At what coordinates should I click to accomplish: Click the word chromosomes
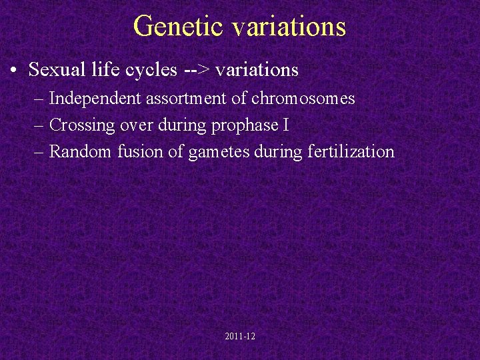click(303, 99)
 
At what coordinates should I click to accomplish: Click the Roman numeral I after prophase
click(285, 125)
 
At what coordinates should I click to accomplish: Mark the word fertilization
click(351, 152)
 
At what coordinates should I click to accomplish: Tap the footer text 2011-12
click(240, 337)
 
